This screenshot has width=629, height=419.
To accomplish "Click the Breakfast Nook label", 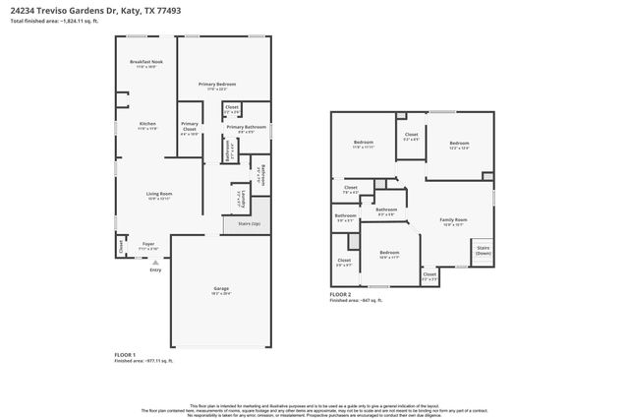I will click(x=144, y=63).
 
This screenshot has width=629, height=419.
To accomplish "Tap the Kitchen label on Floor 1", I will click(x=147, y=124).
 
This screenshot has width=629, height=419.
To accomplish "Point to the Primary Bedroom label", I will click(x=219, y=86).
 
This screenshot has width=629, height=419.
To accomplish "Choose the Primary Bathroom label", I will click(x=247, y=127).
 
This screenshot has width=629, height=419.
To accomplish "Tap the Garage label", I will click(x=221, y=289).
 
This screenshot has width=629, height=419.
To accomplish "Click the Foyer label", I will click(x=147, y=244).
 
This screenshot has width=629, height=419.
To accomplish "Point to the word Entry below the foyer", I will click(x=155, y=269).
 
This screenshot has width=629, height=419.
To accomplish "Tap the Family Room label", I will click(x=453, y=220).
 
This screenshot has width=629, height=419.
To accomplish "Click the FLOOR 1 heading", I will click(x=125, y=354).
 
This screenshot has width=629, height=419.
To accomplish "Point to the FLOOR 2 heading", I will click(x=340, y=294).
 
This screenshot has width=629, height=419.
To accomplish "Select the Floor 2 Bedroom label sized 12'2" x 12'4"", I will click(x=459, y=145).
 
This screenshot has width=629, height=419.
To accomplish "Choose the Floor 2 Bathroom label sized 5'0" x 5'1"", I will click(x=345, y=216).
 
